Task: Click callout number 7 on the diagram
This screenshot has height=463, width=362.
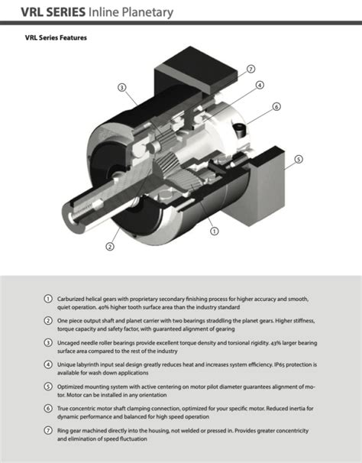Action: [x=250, y=69]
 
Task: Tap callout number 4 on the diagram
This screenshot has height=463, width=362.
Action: [x=260, y=85]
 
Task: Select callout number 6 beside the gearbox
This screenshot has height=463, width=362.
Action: [x=276, y=107]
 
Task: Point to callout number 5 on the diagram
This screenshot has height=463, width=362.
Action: [x=299, y=160]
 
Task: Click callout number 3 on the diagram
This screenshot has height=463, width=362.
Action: [x=122, y=87]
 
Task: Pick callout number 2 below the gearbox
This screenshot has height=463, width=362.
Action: [x=110, y=246]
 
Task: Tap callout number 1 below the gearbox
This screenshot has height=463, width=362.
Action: [x=215, y=231]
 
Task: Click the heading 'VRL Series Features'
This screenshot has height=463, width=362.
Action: [x=56, y=37]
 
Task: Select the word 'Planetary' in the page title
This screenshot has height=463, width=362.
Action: [x=147, y=13]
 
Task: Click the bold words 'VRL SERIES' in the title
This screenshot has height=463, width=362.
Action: [x=53, y=12]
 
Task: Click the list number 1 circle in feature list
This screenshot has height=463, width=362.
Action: [x=48, y=299]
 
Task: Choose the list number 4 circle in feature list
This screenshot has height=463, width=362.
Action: [x=48, y=364]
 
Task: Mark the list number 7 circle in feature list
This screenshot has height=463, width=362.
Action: [x=48, y=430]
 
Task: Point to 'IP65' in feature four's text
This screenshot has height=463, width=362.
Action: [x=280, y=364]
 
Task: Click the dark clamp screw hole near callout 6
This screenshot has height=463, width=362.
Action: [x=239, y=130]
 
